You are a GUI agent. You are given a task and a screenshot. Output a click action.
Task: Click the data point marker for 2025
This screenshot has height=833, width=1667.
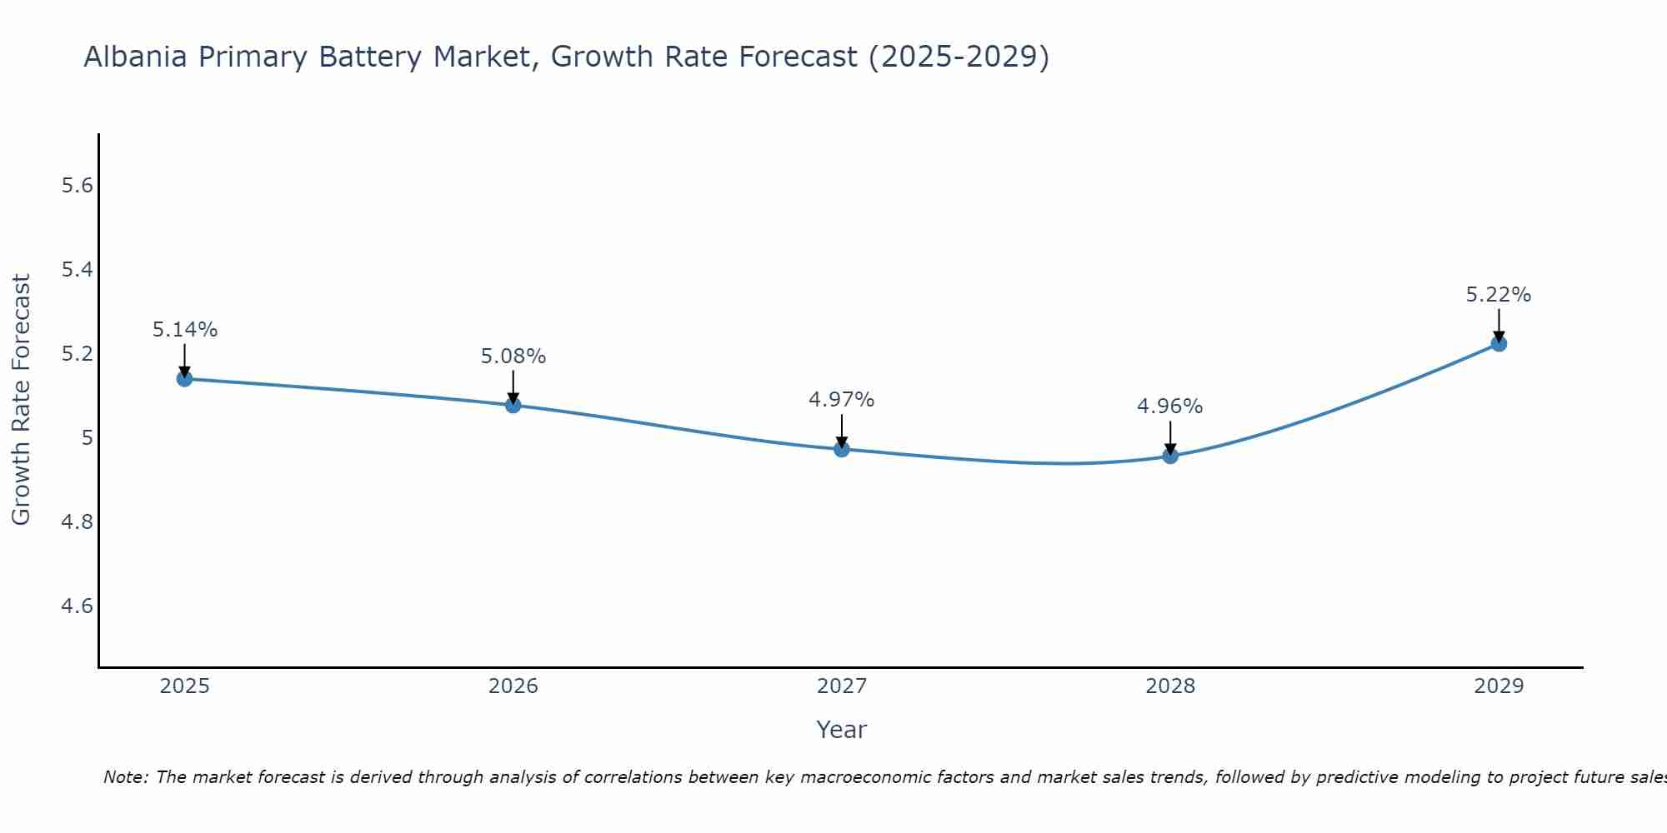coord(184,379)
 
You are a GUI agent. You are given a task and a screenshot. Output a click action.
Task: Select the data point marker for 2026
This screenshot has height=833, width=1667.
coord(513,405)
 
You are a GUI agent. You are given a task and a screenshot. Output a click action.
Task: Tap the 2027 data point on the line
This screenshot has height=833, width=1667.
coord(842,449)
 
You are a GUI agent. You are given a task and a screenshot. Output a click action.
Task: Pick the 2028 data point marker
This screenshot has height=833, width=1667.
coord(1170,456)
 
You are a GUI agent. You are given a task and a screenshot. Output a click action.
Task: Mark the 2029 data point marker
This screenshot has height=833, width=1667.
coord(1499,343)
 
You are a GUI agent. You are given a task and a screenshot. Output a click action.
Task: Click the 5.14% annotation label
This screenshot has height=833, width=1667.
coord(184,330)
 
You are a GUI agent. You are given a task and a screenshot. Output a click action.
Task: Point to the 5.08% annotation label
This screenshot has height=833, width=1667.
coord(513,357)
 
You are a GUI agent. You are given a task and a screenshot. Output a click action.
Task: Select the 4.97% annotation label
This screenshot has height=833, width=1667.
coord(842,400)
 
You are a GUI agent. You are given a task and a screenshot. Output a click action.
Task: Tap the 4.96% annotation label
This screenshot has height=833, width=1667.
coord(1170,407)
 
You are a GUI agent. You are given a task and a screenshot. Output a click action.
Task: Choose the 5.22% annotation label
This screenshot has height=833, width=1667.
coord(1499,295)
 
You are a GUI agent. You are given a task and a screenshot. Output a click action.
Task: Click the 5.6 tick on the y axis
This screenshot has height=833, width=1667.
coord(78,186)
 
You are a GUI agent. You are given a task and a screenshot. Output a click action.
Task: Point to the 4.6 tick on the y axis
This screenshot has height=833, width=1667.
coord(78,606)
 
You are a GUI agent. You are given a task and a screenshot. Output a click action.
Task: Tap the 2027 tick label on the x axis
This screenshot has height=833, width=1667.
coord(842,686)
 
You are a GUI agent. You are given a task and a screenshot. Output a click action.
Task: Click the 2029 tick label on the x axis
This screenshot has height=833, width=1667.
coord(1499,686)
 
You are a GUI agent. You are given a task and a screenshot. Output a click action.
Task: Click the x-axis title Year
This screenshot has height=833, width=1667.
coord(842,730)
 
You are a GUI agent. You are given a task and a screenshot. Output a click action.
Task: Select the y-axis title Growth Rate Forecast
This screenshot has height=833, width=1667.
coord(22,400)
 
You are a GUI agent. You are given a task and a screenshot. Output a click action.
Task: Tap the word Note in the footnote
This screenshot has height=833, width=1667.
coord(124,777)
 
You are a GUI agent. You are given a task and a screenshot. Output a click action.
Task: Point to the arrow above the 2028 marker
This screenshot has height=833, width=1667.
coord(1170,436)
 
